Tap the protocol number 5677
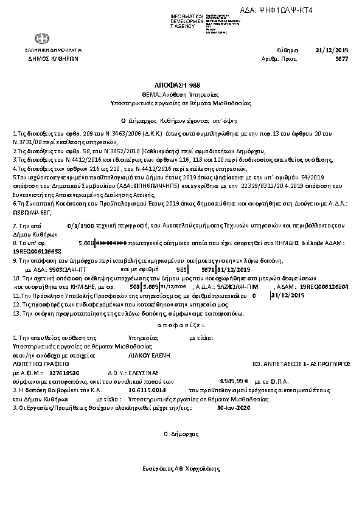pos(342,59)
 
